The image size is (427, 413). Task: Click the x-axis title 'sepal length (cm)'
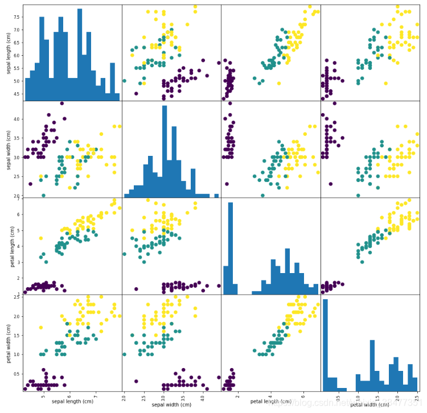(72, 403)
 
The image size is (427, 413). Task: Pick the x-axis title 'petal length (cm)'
(270, 403)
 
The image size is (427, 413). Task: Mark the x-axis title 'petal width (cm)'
(369, 403)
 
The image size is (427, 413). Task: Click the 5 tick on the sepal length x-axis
(43, 396)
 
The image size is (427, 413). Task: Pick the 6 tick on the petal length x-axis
(302, 396)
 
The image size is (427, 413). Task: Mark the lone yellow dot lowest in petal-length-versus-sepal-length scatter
(40, 238)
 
